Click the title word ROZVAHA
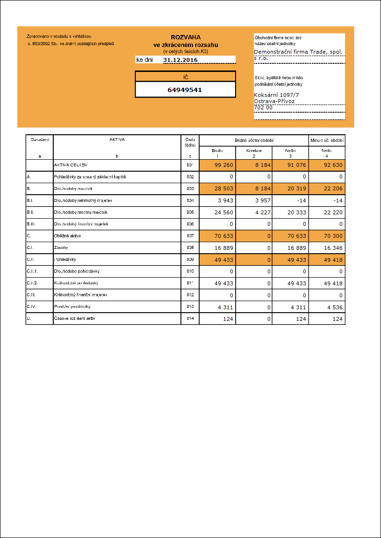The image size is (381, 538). click(x=186, y=37)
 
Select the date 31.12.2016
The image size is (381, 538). click(x=180, y=60)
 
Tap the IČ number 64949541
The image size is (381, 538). click(x=185, y=90)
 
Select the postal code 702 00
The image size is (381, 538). click(x=263, y=107)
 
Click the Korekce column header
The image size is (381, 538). click(x=254, y=151)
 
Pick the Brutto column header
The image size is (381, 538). click(x=217, y=151)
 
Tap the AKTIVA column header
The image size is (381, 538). click(x=117, y=140)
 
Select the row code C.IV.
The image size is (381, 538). click(x=33, y=307)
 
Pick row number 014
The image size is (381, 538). click(x=190, y=318)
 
